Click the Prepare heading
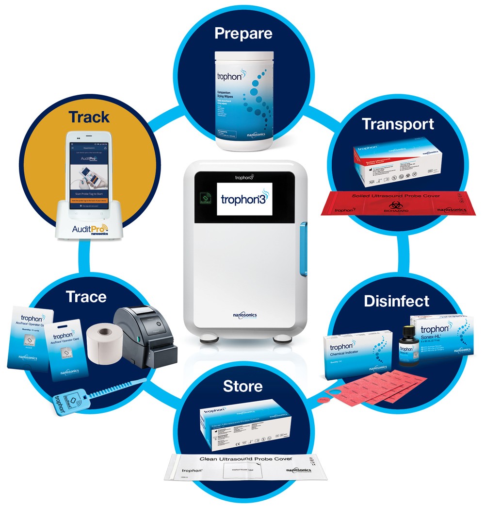pyautogui.click(x=243, y=34)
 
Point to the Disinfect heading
pyautogui.click(x=396, y=301)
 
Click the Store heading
pyautogui.click(x=242, y=387)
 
